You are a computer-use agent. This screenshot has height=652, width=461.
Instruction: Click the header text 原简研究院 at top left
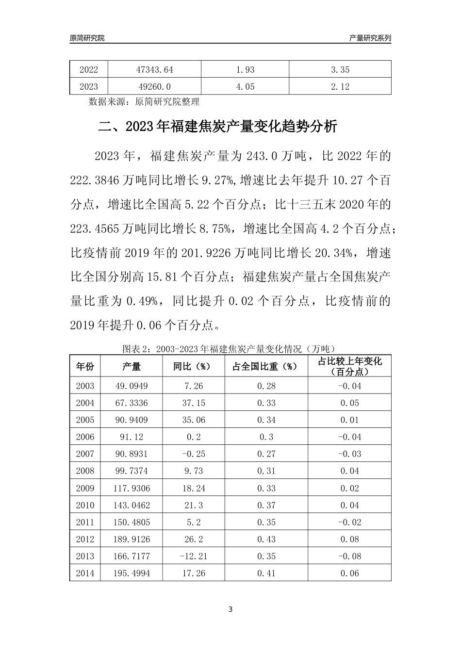[x=87, y=38]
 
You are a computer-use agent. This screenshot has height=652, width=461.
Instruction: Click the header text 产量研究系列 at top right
[x=370, y=38]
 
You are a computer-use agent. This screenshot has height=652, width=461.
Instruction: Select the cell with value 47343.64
[x=154, y=70]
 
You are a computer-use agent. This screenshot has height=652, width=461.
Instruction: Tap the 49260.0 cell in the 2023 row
[x=154, y=87]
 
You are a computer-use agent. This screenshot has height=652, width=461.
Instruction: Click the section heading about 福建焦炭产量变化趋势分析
[x=217, y=127]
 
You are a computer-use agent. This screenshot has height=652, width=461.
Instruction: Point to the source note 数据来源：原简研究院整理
[x=144, y=102]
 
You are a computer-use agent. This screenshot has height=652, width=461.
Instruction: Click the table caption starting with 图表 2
[x=230, y=348]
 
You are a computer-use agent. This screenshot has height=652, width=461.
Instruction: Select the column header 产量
[x=132, y=366]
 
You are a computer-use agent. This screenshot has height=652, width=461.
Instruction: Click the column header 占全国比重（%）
[x=266, y=366]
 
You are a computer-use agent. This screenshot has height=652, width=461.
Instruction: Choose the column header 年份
[x=85, y=366]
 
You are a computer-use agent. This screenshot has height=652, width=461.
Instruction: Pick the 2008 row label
[x=85, y=471]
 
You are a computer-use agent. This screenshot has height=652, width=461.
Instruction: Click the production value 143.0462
[x=132, y=505]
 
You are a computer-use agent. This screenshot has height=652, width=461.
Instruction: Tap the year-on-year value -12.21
[x=194, y=556]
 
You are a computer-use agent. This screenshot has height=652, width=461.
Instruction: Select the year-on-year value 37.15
[x=194, y=403]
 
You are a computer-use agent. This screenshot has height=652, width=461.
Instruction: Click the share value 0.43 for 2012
[x=266, y=539]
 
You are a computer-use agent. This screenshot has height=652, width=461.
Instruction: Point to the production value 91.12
[x=132, y=437]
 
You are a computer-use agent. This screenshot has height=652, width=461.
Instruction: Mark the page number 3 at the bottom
[x=230, y=609]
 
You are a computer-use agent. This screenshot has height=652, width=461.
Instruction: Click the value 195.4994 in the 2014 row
[x=132, y=573]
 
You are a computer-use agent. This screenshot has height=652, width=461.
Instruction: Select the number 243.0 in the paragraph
[x=263, y=156]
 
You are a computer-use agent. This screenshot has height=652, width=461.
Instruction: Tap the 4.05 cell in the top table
[x=245, y=87]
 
